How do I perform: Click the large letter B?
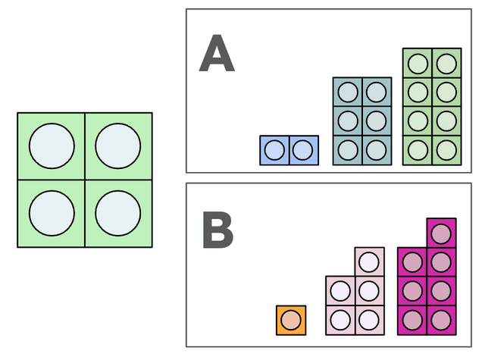(x=217, y=230)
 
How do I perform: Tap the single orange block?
(x=291, y=320)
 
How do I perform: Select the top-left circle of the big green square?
(x=52, y=146)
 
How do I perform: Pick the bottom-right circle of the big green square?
(x=118, y=213)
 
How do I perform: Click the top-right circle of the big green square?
(x=118, y=146)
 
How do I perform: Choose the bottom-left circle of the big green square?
(x=52, y=213)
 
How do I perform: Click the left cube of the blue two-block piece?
(x=275, y=149)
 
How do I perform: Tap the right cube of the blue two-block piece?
(x=303, y=149)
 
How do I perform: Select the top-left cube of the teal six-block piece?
(x=348, y=92)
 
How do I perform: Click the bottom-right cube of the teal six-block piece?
(x=376, y=149)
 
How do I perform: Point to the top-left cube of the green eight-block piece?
(x=418, y=63)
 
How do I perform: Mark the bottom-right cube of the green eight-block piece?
(x=446, y=149)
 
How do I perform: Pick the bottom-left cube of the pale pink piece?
(x=340, y=320)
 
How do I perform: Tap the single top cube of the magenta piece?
(x=440, y=233)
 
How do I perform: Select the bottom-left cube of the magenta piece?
(x=412, y=320)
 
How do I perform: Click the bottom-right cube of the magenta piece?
(x=440, y=320)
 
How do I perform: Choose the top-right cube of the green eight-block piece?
(x=446, y=63)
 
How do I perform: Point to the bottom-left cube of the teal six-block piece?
(x=348, y=149)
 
